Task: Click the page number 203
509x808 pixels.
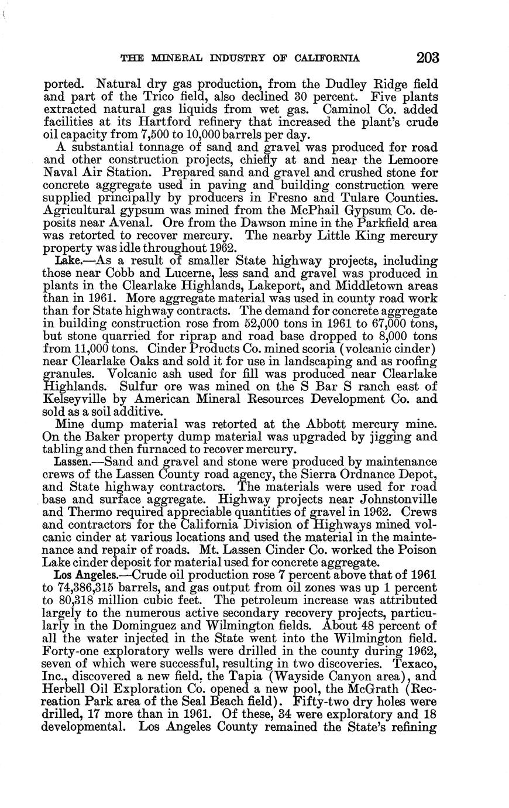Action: pyautogui.click(x=427, y=57)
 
